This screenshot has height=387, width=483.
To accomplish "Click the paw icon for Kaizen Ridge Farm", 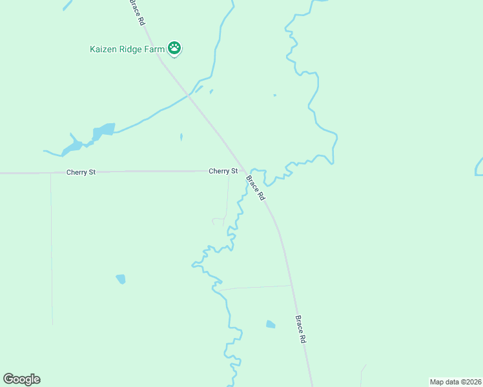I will tap(174, 48).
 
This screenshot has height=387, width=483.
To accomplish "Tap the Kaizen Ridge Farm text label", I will tap(127, 48).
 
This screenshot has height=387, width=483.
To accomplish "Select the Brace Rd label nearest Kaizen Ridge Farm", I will tap(137, 12).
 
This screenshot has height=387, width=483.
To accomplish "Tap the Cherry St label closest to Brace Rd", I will tap(223, 171).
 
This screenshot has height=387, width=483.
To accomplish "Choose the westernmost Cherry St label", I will tap(81, 172).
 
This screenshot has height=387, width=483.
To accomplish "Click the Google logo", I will tap(21, 379).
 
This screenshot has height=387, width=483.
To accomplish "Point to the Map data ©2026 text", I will tap(455, 382).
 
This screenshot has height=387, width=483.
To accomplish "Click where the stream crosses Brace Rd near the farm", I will tap(189, 96).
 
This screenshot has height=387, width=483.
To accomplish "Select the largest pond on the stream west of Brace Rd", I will tap(103, 131).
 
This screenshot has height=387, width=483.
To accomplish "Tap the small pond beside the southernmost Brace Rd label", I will tap(271, 324).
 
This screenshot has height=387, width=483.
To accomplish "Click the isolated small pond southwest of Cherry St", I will tap(121, 279).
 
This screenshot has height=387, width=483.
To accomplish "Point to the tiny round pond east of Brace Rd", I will tap(274, 95).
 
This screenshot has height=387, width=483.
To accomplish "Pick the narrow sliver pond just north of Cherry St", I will tap(181, 137).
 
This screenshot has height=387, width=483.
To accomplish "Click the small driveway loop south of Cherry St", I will tap(218, 221).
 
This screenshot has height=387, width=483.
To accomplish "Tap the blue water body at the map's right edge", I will tap(478, 166).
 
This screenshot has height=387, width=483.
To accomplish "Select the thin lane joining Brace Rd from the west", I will tap(255, 287).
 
